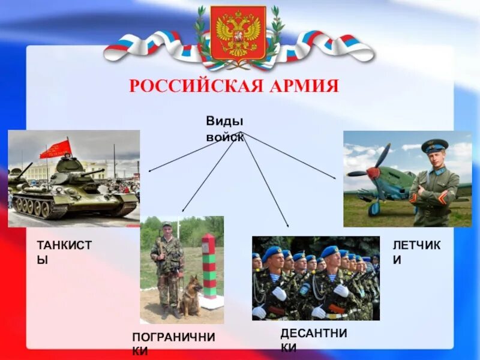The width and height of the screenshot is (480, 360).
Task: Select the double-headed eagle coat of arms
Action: (x=239, y=34)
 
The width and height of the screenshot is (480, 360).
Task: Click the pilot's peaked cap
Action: (x=434, y=145)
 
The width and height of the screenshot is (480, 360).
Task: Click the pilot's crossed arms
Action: (x=433, y=193)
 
